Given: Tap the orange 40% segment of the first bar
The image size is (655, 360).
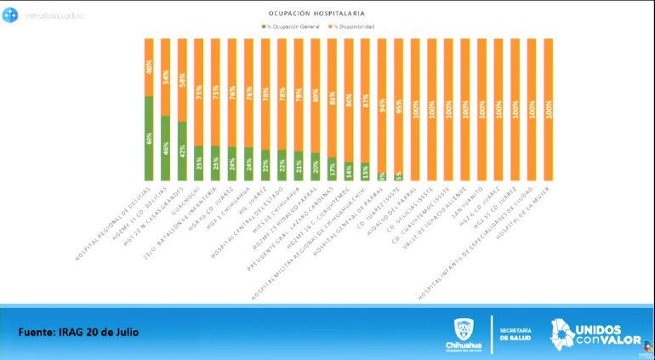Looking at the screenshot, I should (x=150, y=67).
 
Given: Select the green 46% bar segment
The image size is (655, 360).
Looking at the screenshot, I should (x=166, y=148).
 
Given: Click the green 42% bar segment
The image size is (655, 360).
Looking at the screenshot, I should (x=182, y=151).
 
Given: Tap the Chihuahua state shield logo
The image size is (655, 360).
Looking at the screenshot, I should (x=463, y=329).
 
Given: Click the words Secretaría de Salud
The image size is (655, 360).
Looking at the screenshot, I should (x=515, y=333).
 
